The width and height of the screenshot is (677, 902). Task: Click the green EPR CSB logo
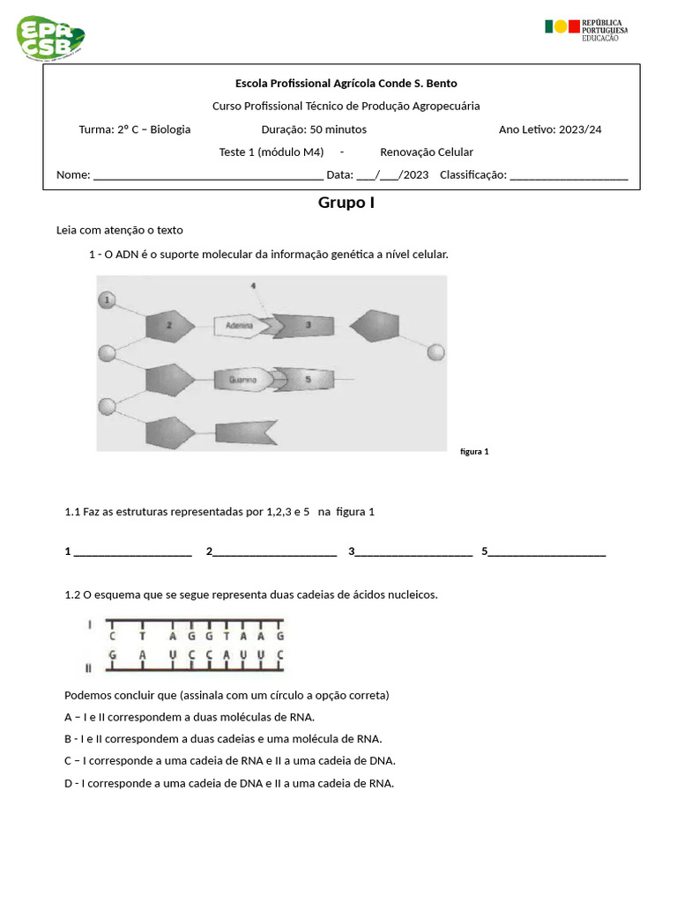pyautogui.click(x=50, y=37)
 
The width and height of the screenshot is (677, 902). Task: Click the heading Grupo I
pyautogui.click(x=346, y=203)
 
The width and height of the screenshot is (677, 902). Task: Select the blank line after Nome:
pyautogui.click(x=208, y=175)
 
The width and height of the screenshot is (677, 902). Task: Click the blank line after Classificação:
pyautogui.click(x=569, y=175)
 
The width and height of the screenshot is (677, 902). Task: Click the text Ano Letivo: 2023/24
pyautogui.click(x=550, y=129)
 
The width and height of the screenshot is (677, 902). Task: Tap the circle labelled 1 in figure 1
pyautogui.click(x=107, y=300)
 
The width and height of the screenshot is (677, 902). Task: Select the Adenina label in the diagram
pyautogui.click(x=239, y=326)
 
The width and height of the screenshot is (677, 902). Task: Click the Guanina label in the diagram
pyautogui.click(x=242, y=381)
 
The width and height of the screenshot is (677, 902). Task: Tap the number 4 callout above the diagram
pyautogui.click(x=253, y=286)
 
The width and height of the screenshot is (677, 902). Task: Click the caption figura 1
pyautogui.click(x=474, y=452)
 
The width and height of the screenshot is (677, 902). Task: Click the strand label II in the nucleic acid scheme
pyautogui.click(x=88, y=668)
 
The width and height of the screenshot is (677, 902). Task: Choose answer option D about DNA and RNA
pyautogui.click(x=229, y=783)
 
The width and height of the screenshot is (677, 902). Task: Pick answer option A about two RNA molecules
pyautogui.click(x=190, y=717)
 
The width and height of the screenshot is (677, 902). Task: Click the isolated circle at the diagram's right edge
pyautogui.click(x=435, y=353)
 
